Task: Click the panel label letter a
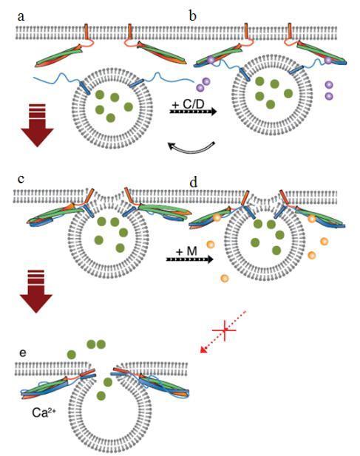coord(21,17)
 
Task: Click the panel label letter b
coord(192,16)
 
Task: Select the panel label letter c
coord(21,179)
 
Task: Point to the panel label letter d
coord(194,182)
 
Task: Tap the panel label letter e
coord(22,353)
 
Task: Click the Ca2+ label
coord(44,412)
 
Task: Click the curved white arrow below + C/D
coord(192,149)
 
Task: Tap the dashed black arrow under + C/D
coord(193,112)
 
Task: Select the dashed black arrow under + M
coord(189,259)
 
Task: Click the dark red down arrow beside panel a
coord(37,126)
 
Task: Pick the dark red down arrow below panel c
coord(36,291)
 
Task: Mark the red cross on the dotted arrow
coord(224,330)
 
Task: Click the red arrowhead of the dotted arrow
coord(205,350)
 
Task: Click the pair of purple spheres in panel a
coord(203,84)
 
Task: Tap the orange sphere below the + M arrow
coord(224,279)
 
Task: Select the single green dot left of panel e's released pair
coord(72,355)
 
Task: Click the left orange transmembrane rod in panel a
coord(86,32)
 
